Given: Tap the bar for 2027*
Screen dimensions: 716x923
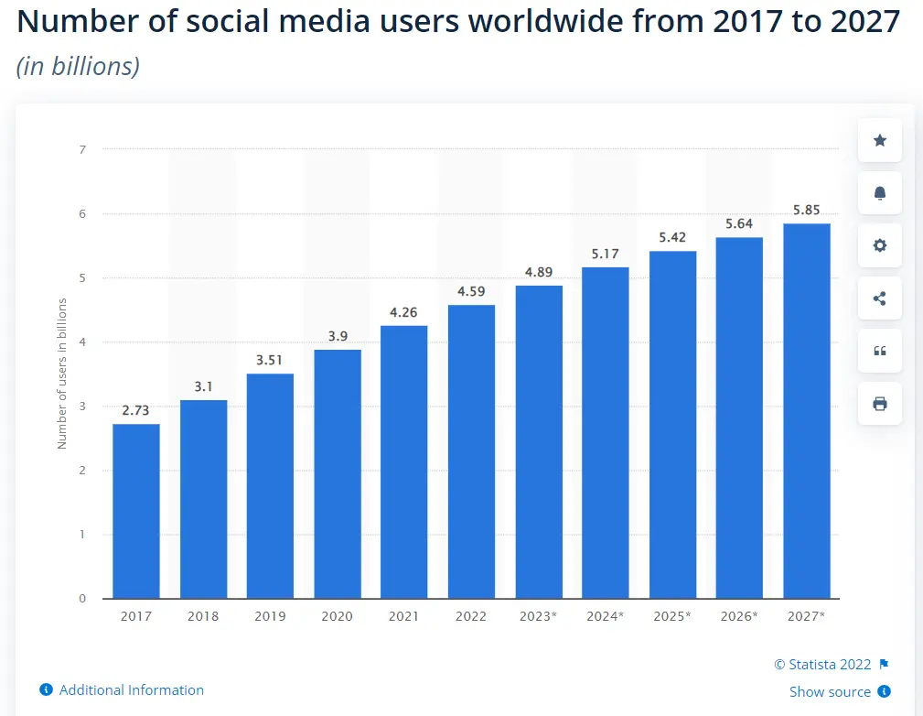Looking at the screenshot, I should [x=806, y=411].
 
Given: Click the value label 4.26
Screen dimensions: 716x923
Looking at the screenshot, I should [x=403, y=312].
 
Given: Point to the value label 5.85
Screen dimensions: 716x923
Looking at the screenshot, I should [x=806, y=210].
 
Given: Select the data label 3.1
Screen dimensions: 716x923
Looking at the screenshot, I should [x=203, y=386].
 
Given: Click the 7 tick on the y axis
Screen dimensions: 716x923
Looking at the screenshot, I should [x=82, y=148].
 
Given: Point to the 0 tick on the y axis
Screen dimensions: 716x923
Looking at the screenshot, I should [x=82, y=599].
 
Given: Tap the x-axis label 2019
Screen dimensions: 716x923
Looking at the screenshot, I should [x=270, y=616].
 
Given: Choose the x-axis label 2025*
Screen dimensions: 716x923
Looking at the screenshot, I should [x=671, y=616].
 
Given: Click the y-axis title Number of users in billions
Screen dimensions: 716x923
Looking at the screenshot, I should [x=62, y=374].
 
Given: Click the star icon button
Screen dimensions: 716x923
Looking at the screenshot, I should [x=880, y=140].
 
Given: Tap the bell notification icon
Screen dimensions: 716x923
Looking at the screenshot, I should [x=880, y=193].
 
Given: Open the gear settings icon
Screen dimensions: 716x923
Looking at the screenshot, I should [x=880, y=245].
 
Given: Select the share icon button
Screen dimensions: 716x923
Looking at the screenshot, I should [x=880, y=298].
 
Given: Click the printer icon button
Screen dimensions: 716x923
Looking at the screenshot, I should [x=880, y=404].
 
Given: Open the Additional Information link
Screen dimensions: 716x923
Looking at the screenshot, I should [x=131, y=689].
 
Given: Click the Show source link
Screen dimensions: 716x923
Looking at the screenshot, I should [x=830, y=691].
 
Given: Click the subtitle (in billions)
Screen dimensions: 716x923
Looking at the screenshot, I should [x=78, y=66].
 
